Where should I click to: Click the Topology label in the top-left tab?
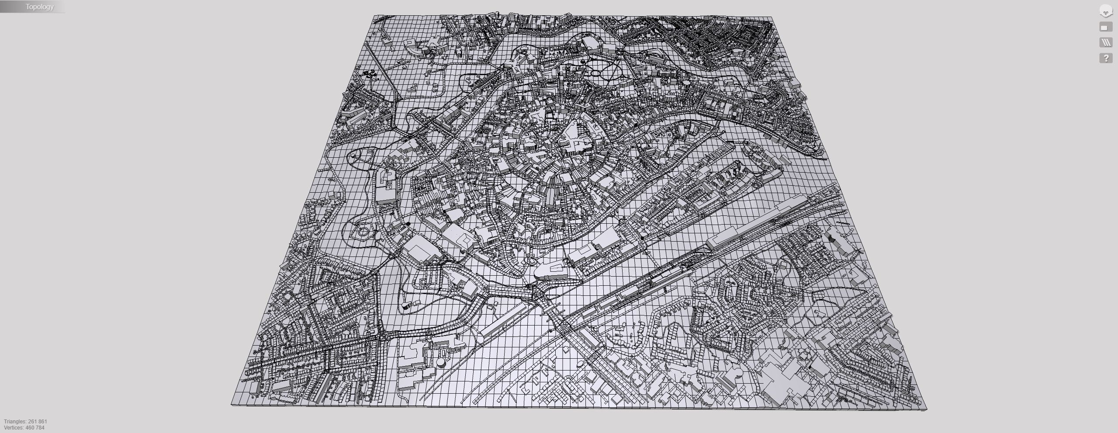pyautogui.click(x=39, y=7)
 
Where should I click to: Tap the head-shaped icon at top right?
pyautogui.click(x=1105, y=11)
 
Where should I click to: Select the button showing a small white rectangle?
pyautogui.click(x=1105, y=27)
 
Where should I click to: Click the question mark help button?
pyautogui.click(x=1105, y=58)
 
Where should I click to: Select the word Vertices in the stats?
pyautogui.click(x=14, y=428)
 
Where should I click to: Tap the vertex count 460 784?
pyautogui.click(x=35, y=428)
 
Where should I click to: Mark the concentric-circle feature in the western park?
pyautogui.click(x=362, y=232)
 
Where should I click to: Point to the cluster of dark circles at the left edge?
pyautogui.click(x=370, y=74)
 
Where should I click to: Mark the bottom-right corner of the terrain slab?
pyautogui.click(x=926, y=410)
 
